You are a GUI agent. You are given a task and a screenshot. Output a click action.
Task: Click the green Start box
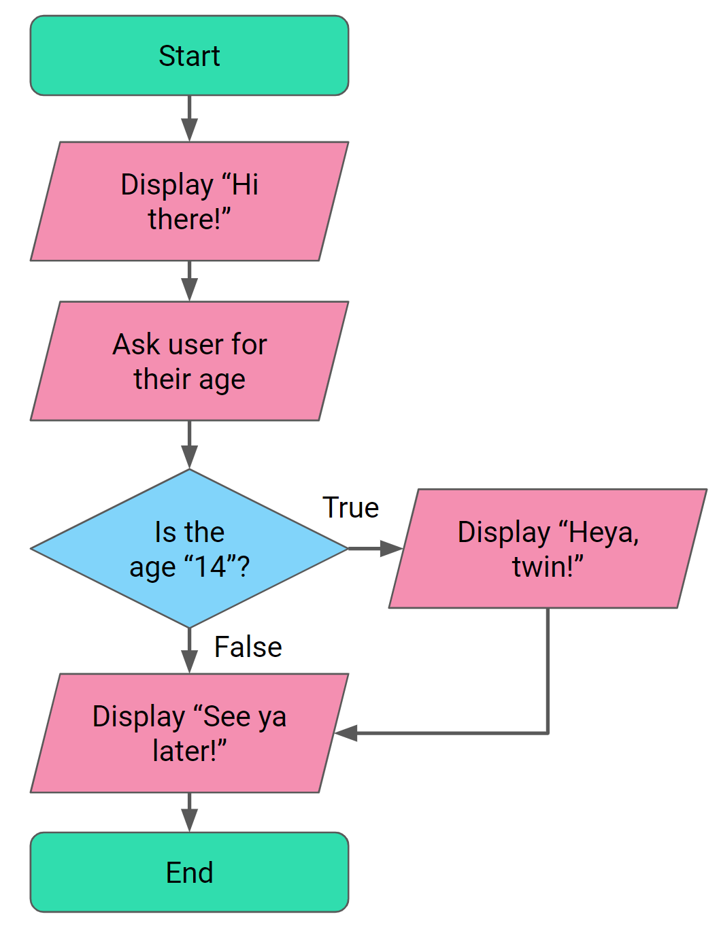[x=189, y=56]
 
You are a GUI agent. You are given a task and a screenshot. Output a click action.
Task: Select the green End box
[x=189, y=872]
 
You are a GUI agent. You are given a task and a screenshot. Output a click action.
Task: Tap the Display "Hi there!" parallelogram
[x=189, y=201]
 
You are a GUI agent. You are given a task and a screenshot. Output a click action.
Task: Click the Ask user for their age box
[x=189, y=361]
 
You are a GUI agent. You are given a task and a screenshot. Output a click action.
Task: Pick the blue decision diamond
[x=189, y=548]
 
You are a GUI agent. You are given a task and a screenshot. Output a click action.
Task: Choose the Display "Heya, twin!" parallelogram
[x=548, y=548]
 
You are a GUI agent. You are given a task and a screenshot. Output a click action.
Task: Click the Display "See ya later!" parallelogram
[x=189, y=733]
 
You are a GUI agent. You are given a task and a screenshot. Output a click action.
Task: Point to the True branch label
[x=350, y=507]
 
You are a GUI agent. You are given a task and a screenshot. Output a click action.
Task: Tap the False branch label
[x=248, y=647]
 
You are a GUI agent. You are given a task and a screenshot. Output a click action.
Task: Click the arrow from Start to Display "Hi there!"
[x=189, y=118]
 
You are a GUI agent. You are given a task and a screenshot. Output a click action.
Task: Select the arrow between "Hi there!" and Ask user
[x=189, y=280]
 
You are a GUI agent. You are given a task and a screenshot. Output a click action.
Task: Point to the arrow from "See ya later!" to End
[x=189, y=812]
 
